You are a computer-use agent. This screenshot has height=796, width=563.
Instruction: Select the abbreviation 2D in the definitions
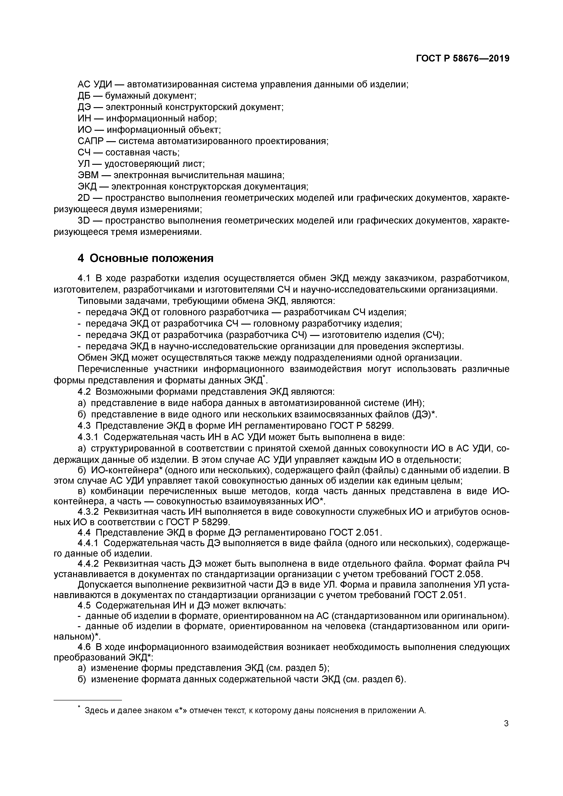(84, 198)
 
